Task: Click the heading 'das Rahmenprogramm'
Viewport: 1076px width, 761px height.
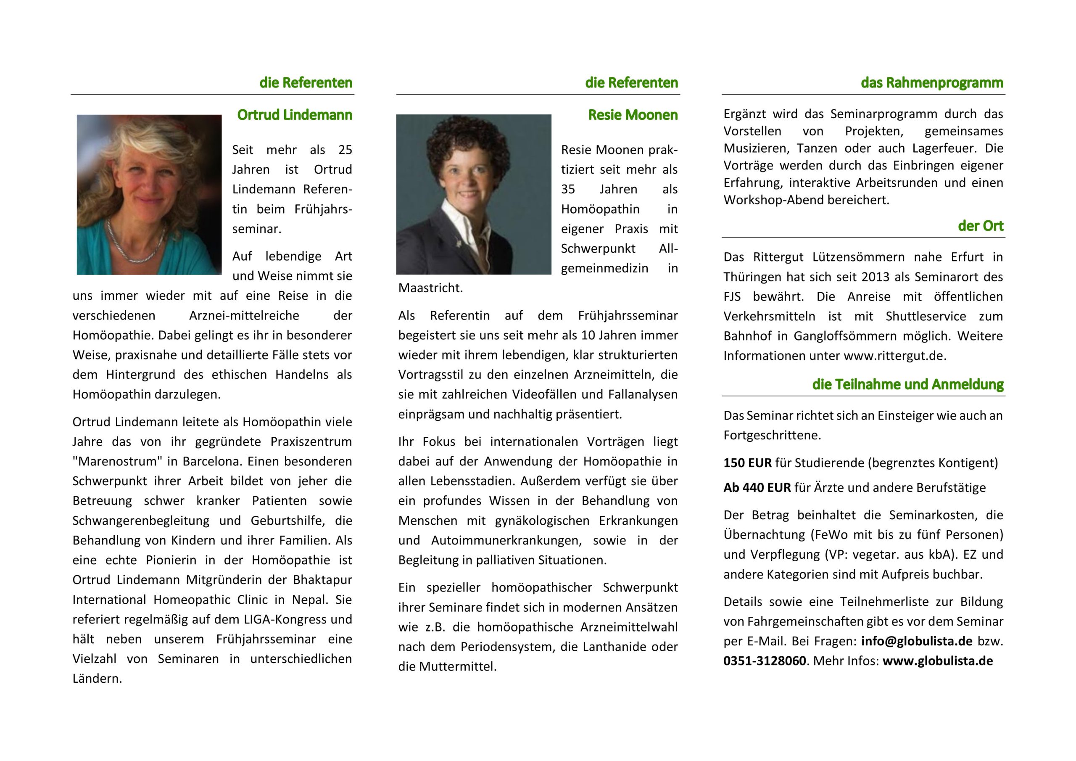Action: (932, 83)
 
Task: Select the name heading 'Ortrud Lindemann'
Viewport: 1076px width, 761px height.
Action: (294, 115)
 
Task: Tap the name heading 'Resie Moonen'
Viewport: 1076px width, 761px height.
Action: (633, 115)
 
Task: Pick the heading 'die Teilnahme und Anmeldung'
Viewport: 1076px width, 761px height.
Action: (908, 384)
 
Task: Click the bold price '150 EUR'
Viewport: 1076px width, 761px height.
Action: (747, 463)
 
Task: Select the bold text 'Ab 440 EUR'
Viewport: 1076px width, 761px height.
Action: (757, 488)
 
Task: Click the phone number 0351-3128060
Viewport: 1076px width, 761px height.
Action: (765, 661)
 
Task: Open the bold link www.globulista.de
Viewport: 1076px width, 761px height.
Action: (937, 661)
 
